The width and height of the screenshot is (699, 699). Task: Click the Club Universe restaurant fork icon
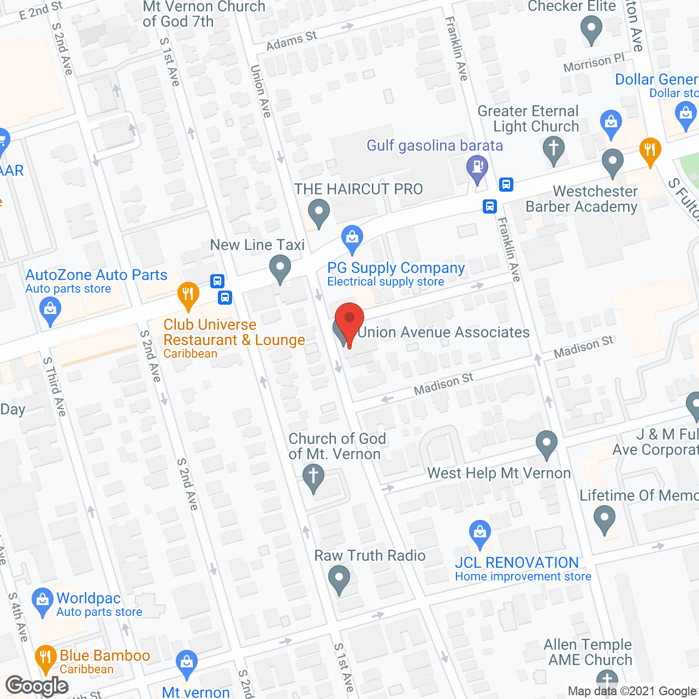[x=188, y=295]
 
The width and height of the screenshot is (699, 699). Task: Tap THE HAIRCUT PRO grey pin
[x=319, y=211]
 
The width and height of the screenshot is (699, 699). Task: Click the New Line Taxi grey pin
[x=280, y=268]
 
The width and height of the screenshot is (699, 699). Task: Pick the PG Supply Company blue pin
[x=352, y=238]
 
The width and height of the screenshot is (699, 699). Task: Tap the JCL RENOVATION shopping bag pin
[x=480, y=532]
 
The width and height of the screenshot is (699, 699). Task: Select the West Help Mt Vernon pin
[x=546, y=442]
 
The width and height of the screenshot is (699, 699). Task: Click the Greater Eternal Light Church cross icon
[x=554, y=148]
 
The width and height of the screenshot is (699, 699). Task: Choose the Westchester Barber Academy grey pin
[x=613, y=162]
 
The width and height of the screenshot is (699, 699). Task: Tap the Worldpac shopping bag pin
[x=43, y=600]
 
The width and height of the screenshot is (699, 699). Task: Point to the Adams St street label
[x=291, y=41]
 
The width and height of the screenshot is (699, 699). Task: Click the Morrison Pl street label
[x=594, y=63]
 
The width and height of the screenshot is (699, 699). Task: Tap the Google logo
[x=37, y=686]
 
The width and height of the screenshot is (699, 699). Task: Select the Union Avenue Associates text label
[x=443, y=332]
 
